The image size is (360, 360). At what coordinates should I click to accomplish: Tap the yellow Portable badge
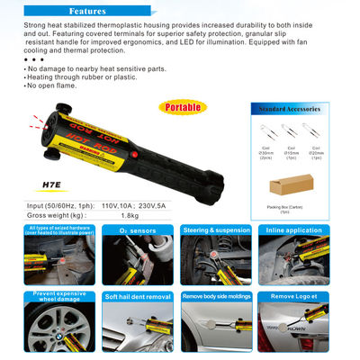(183, 107)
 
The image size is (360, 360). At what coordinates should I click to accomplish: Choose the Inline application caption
(295, 229)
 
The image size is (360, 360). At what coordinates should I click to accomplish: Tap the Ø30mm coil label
(265, 152)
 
